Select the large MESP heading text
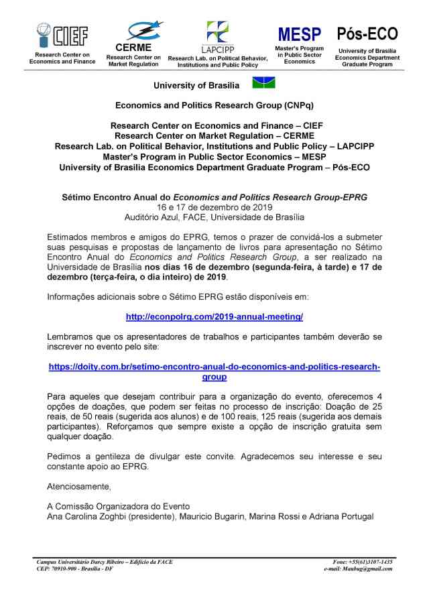click(x=300, y=34)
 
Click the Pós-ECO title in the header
click(x=367, y=34)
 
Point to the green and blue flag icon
click(x=263, y=83)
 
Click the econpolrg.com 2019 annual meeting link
click(x=214, y=316)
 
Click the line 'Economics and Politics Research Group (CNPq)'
click(x=214, y=106)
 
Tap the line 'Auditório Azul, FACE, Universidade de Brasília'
click(x=214, y=217)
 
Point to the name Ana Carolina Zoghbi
click(x=88, y=516)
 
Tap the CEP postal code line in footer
click(x=74, y=569)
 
